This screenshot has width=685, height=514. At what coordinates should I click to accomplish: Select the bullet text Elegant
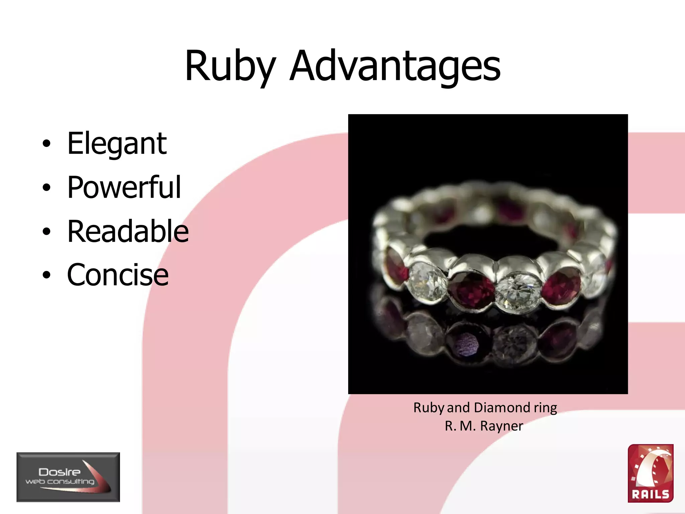117,144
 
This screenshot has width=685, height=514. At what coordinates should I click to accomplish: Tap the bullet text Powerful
124,187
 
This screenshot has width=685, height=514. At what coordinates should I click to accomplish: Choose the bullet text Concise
118,275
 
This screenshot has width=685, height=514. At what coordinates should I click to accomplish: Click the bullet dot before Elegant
46,144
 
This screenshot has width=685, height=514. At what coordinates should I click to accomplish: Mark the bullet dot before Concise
46,275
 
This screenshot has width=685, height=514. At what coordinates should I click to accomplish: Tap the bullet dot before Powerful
46,188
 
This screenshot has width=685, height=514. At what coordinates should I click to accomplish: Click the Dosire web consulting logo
68,477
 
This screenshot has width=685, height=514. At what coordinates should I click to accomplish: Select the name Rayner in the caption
501,426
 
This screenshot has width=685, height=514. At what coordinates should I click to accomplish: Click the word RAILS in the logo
650,494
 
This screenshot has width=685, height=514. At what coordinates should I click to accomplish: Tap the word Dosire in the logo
60,472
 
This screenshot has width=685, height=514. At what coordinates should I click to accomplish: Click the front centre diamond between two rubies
518,289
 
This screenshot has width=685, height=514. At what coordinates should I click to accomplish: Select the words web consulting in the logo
60,482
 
